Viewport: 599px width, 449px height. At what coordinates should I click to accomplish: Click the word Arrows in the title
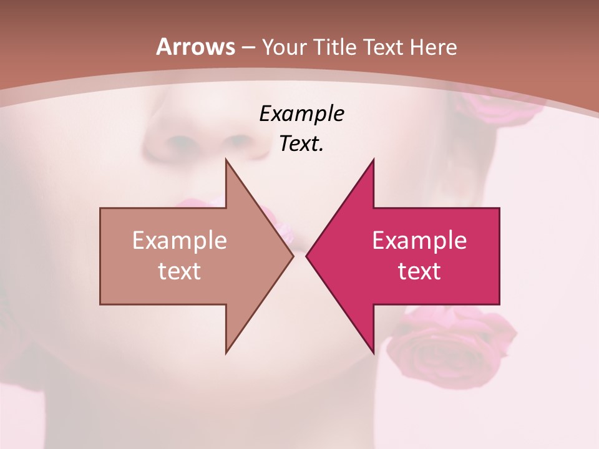coord(195,47)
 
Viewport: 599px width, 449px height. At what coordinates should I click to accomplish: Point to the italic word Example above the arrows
coord(301,114)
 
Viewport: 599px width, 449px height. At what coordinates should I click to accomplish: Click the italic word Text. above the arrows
coord(301,144)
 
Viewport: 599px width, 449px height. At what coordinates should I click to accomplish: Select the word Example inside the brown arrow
coord(180,240)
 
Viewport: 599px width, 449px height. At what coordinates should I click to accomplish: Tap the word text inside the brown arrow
coord(180,271)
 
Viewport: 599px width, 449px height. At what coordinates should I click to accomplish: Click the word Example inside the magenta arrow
coord(419,240)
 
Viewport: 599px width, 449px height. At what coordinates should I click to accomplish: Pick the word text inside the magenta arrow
coord(419,271)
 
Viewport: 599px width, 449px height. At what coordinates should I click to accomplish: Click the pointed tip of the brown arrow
coord(293,256)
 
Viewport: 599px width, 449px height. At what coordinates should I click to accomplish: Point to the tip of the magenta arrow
coord(307,256)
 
